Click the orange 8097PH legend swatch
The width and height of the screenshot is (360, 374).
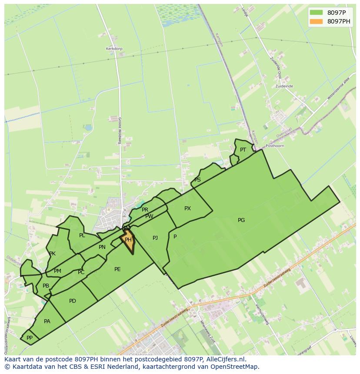tap(317, 21)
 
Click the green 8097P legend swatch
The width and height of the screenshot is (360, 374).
tap(317, 13)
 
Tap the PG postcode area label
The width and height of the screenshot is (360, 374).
tap(241, 220)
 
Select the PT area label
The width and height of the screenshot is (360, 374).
tap(243, 150)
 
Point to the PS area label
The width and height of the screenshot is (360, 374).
tap(197, 180)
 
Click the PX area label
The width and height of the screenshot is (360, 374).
tap(187, 209)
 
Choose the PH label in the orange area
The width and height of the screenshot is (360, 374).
tap(128, 240)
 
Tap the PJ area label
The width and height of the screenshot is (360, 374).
tap(155, 238)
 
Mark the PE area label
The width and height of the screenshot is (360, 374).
tap(117, 269)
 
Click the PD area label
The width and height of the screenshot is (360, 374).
tap(73, 301)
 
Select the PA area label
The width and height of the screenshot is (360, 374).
tap(47, 321)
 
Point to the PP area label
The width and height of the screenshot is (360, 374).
tap(30, 338)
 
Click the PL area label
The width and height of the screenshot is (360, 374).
tap(82, 235)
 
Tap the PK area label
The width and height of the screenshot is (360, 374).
tap(52, 254)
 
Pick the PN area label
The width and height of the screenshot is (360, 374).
tap(102, 247)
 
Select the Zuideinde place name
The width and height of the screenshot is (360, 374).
tap(284, 86)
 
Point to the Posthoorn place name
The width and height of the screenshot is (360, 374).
tap(275, 146)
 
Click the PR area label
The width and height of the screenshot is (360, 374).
tap(145, 210)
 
